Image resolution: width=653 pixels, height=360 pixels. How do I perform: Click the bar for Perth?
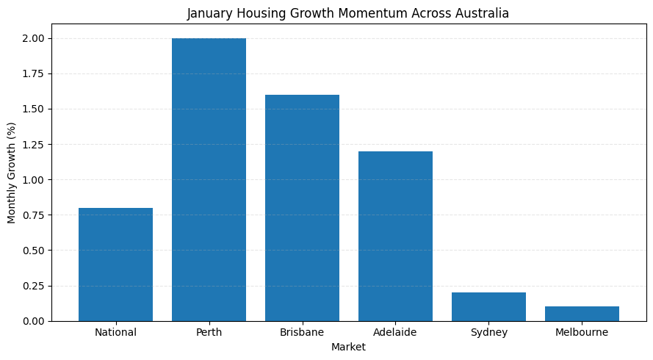pyautogui.click(x=209, y=179)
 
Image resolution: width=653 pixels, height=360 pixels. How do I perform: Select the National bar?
pyautogui.click(x=115, y=264)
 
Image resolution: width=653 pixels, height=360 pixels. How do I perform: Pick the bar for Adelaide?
pyautogui.click(x=395, y=236)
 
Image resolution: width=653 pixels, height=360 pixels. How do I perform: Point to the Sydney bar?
pyautogui.click(x=488, y=307)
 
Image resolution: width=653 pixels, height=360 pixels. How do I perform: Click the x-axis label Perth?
pyautogui.click(x=209, y=333)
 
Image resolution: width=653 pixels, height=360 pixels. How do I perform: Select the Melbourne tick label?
pyautogui.click(x=582, y=333)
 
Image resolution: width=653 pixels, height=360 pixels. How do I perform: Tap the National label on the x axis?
pyautogui.click(x=115, y=333)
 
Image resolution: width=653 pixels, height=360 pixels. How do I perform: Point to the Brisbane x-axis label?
pyautogui.click(x=302, y=333)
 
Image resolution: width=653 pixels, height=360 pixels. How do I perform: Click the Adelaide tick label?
pyautogui.click(x=395, y=333)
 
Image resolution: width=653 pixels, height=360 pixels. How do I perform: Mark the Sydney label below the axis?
pyautogui.click(x=488, y=333)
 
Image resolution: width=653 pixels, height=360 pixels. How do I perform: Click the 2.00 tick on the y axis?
pyautogui.click(x=34, y=38)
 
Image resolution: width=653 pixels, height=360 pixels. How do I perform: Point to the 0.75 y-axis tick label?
pyautogui.click(x=34, y=215)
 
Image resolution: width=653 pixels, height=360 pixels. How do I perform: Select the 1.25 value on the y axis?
pyautogui.click(x=34, y=145)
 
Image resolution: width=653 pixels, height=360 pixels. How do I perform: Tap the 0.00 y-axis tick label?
pyautogui.click(x=34, y=321)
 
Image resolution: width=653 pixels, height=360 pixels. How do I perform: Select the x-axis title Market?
pyautogui.click(x=348, y=348)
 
